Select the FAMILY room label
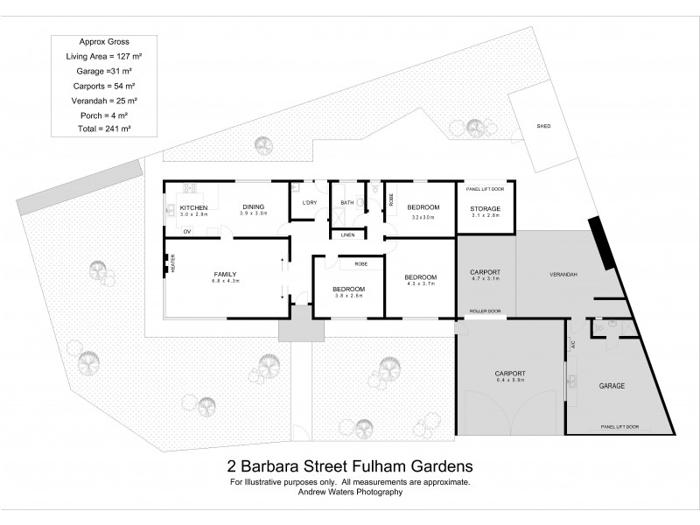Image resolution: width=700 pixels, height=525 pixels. pos(223,275)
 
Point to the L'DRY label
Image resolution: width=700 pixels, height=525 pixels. pos(308,203)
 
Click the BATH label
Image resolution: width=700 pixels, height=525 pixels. pos(346,203)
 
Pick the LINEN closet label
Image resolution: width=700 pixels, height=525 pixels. pos(347,234)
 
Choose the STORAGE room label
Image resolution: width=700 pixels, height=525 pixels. pos(484,208)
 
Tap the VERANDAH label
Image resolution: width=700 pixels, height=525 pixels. pos(563,275)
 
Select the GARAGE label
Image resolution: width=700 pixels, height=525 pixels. pos(611,385)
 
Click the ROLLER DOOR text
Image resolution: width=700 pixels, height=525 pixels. pos(484,311)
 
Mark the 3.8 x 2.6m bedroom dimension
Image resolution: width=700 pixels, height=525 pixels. pos(348,296)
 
